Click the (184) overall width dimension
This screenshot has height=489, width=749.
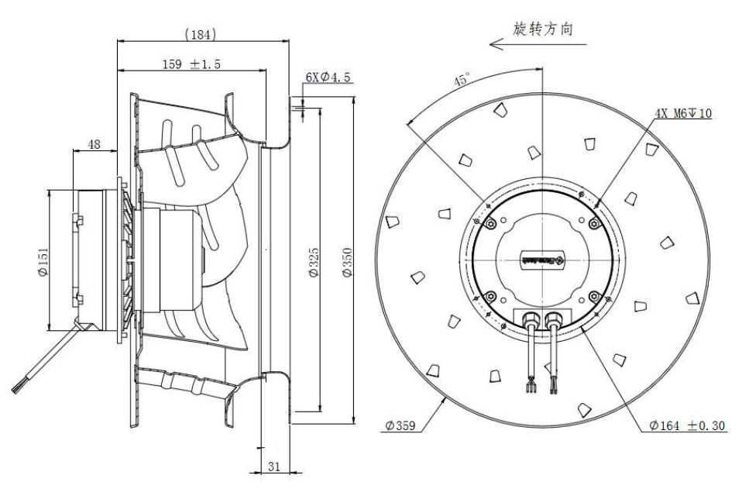click(x=201, y=34)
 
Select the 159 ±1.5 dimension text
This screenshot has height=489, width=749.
click(x=191, y=65)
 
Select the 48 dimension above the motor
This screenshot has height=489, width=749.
click(x=94, y=145)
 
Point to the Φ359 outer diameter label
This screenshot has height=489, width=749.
click(x=400, y=425)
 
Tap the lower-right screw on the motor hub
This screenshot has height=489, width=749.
click(x=593, y=296)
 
